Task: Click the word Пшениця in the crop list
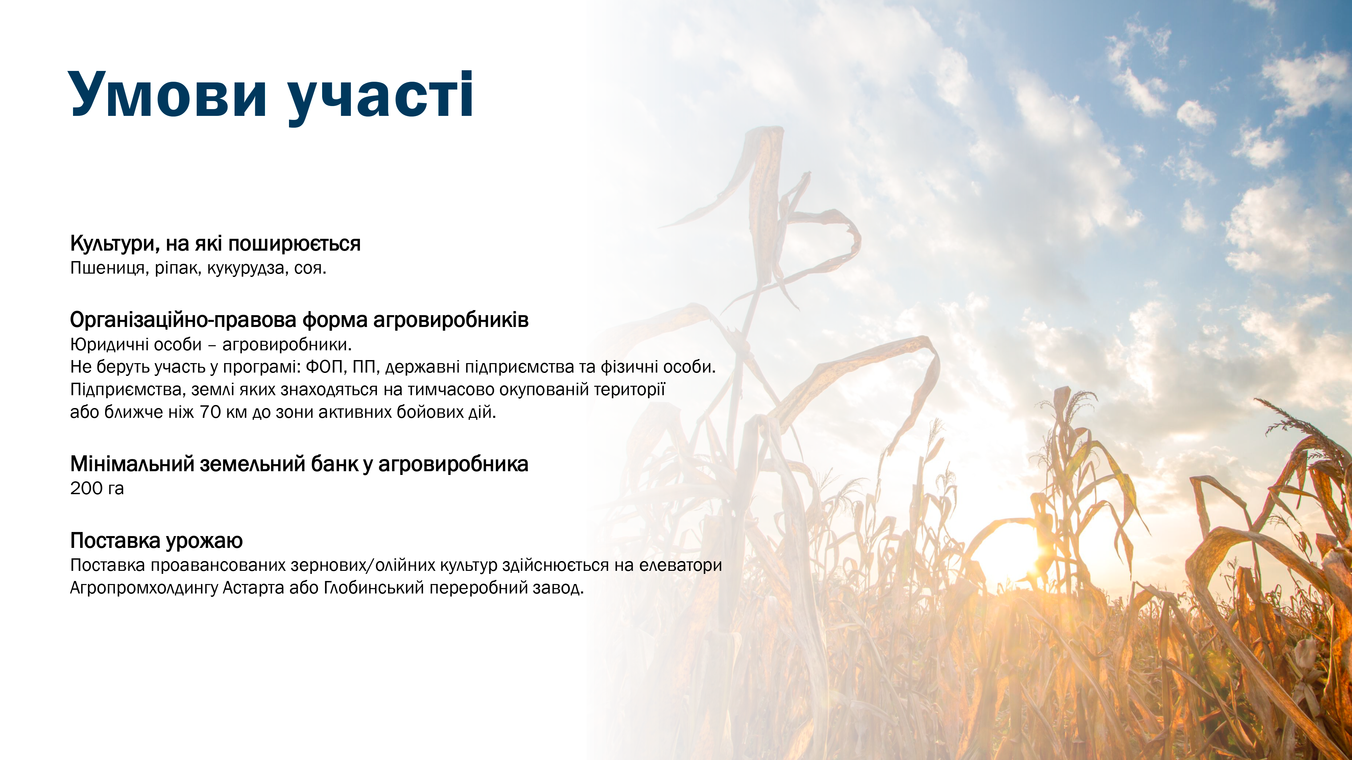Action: click(x=110, y=269)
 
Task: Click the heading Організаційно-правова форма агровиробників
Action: click(x=299, y=320)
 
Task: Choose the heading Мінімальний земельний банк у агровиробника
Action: click(x=299, y=464)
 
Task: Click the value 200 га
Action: click(x=97, y=488)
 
